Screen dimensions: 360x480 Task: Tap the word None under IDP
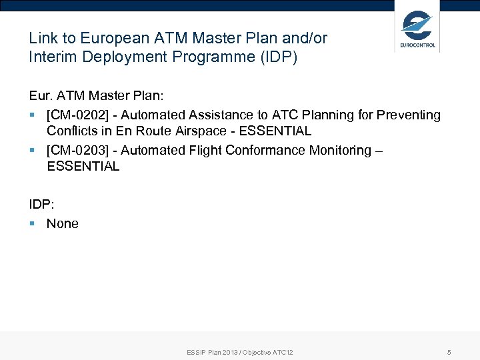(63, 224)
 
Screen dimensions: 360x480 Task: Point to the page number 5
(449, 352)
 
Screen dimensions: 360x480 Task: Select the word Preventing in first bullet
(409, 115)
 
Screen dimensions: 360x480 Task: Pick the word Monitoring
(340, 151)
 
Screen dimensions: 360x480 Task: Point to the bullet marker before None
(33, 224)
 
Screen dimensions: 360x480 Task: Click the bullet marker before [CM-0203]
(33, 151)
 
